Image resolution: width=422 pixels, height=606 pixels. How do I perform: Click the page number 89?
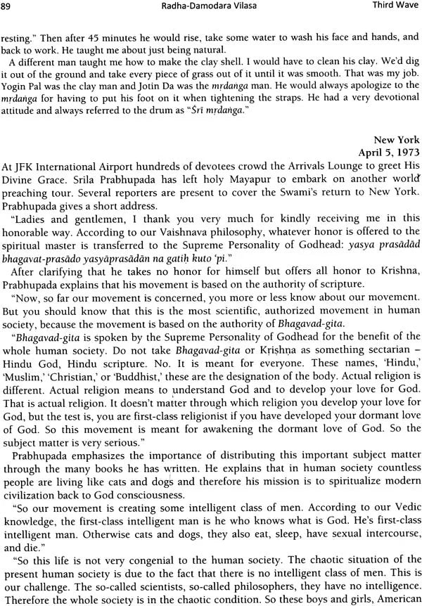9,8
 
